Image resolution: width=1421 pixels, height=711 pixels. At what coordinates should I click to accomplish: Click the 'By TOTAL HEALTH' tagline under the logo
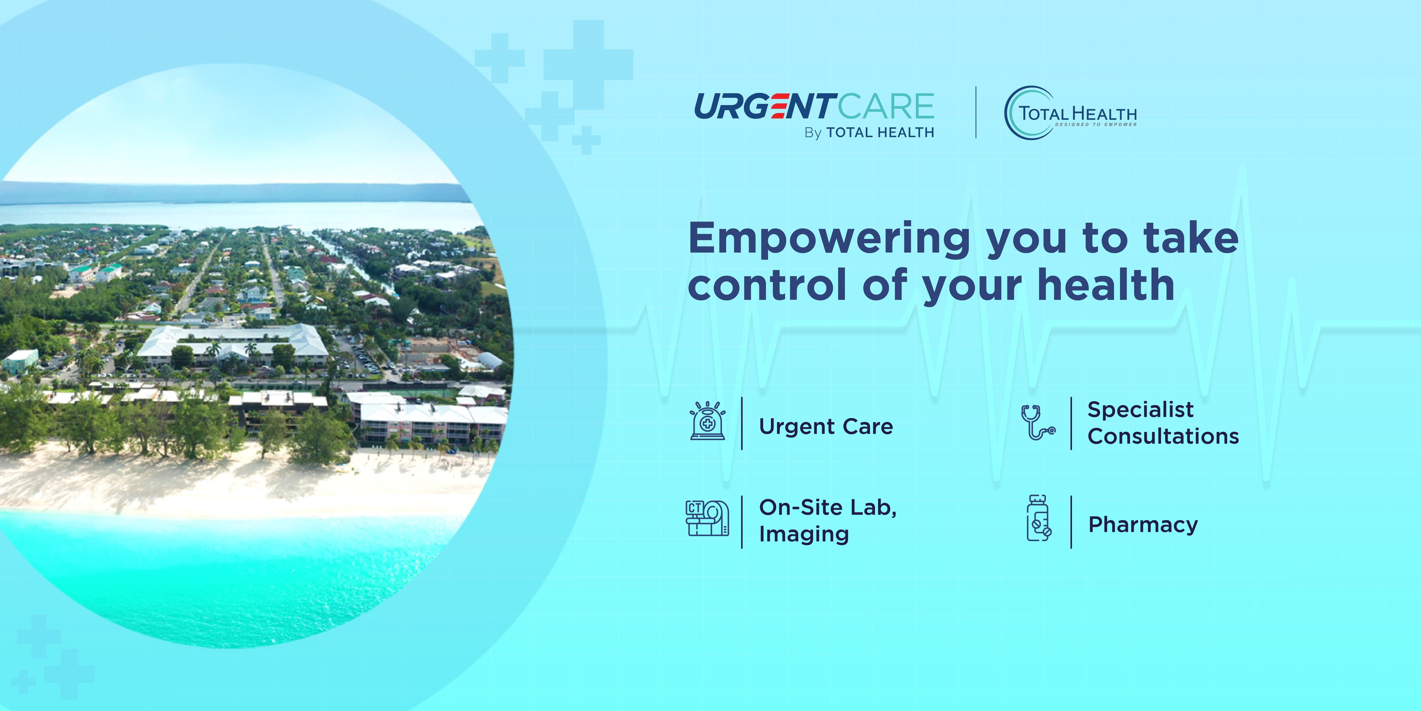[869, 133]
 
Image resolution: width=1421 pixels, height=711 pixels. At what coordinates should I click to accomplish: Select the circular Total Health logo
[1070, 113]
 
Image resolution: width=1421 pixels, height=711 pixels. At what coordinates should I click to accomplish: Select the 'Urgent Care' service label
[826, 426]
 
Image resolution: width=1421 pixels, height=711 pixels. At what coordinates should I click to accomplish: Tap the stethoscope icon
[1038, 422]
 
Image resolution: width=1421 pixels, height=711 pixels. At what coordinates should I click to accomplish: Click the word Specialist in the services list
[1141, 410]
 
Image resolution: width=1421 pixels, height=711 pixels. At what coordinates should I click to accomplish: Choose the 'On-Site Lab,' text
[827, 508]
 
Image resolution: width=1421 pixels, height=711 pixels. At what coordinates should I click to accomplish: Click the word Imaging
[804, 534]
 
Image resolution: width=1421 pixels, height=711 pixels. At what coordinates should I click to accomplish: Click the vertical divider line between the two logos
[976, 112]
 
